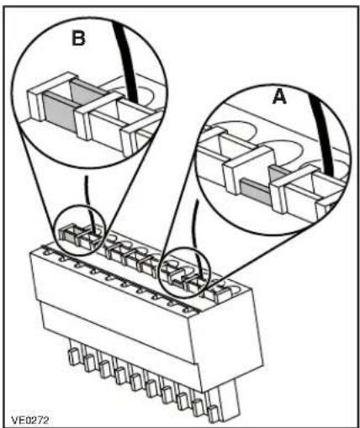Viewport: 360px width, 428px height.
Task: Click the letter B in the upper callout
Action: [x=79, y=38]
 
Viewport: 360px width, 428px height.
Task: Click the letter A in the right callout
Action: [x=279, y=97]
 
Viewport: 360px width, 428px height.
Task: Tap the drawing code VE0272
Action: [x=30, y=420]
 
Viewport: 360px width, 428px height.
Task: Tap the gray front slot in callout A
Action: [x=256, y=191]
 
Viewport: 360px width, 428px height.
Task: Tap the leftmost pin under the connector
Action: [x=73, y=357]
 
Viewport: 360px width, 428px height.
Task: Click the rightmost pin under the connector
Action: [x=214, y=414]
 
